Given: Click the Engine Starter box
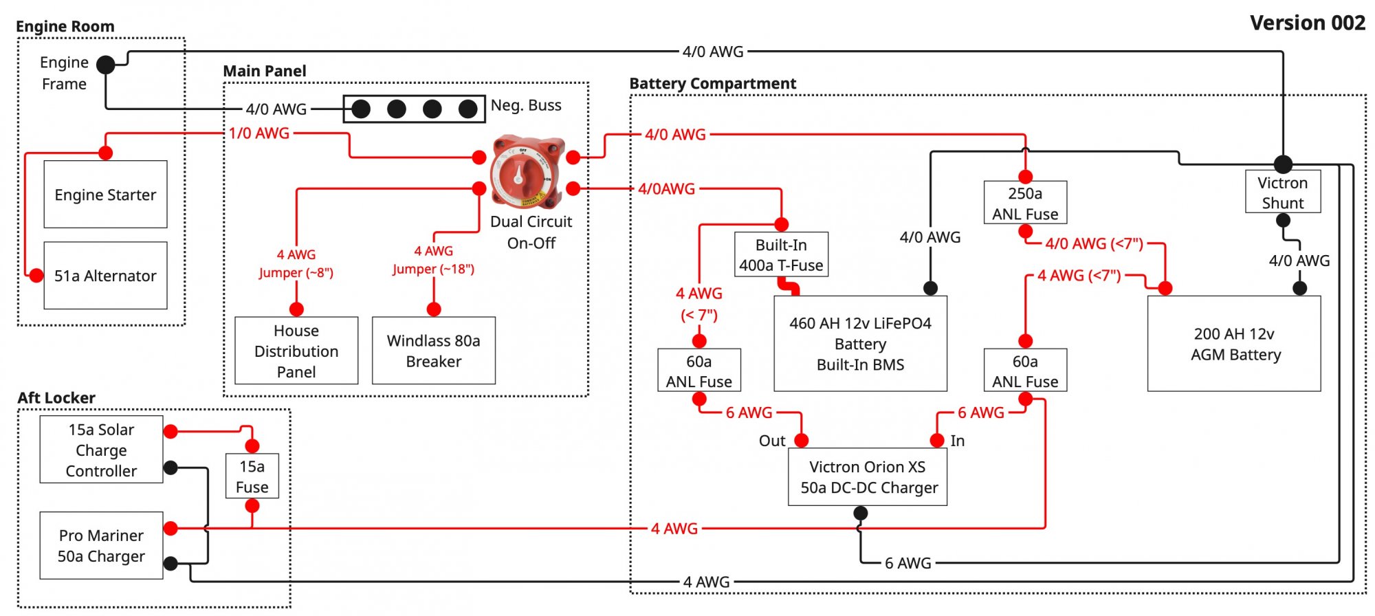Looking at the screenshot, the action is [x=105, y=194].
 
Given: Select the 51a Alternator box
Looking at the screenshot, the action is [x=105, y=275].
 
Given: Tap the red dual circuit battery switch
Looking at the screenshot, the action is [x=527, y=173].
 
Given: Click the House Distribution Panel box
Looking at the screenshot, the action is [x=296, y=350].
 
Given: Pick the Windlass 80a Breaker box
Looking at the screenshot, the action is [x=434, y=350].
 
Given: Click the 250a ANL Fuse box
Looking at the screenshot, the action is [x=1025, y=203].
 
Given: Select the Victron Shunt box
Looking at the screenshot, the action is [x=1283, y=192].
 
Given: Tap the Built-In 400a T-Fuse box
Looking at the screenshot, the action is [x=781, y=254].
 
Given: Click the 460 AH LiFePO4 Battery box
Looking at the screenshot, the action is [x=860, y=343].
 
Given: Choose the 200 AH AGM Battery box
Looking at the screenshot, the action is [x=1234, y=343].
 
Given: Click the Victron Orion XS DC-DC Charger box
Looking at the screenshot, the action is [x=868, y=476].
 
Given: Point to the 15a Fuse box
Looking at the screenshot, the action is [x=252, y=476].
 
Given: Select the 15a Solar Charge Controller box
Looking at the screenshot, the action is [x=102, y=449].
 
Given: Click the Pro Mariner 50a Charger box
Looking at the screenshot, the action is [x=102, y=545].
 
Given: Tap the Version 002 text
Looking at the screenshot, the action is [x=1308, y=23].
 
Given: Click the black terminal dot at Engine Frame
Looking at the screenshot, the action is [x=106, y=65].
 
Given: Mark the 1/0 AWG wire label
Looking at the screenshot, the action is [x=259, y=133].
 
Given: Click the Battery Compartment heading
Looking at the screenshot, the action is [x=713, y=84].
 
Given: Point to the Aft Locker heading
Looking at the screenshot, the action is [x=56, y=397].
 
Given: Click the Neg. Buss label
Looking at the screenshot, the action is [x=526, y=105].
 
